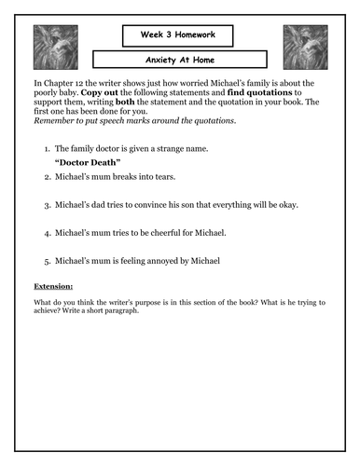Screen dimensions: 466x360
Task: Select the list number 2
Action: tap(45, 177)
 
